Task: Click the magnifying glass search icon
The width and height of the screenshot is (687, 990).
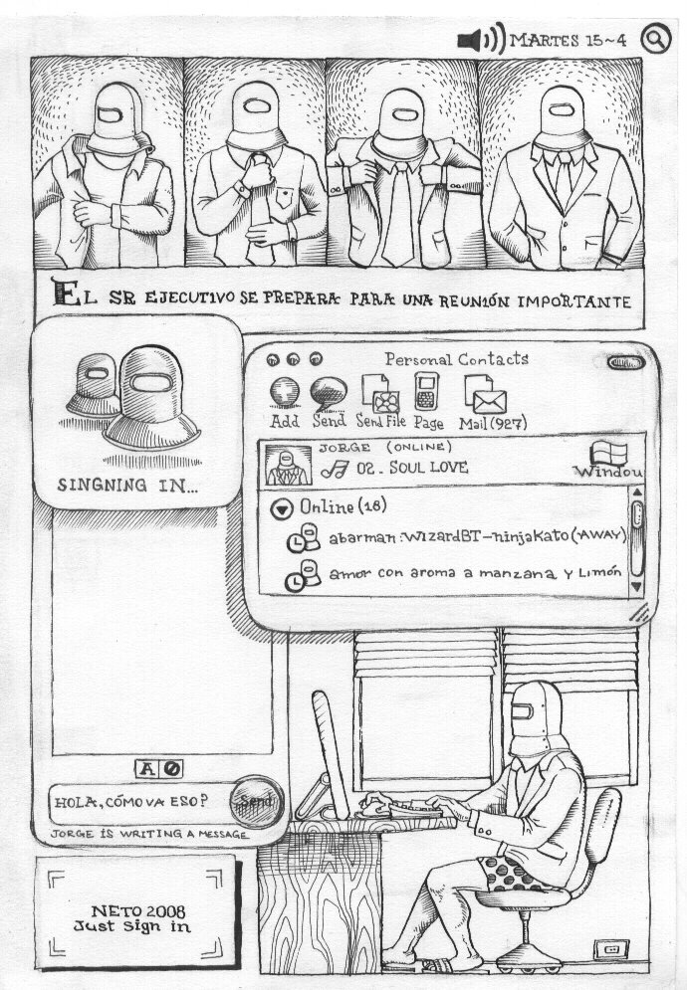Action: [655, 39]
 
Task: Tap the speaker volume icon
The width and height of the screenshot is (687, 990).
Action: [481, 39]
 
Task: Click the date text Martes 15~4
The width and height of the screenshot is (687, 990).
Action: [568, 41]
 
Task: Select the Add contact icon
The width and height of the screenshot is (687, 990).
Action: [285, 391]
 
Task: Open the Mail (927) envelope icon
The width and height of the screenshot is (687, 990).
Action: [486, 394]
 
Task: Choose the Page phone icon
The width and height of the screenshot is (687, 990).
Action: [426, 391]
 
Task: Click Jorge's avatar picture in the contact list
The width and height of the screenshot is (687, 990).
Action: [288, 466]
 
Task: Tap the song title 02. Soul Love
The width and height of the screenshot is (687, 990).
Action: [412, 468]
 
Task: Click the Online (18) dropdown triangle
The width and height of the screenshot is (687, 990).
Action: [281, 508]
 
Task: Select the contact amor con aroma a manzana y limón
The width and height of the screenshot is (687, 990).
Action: [475, 573]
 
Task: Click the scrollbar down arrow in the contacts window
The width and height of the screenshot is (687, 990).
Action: [636, 587]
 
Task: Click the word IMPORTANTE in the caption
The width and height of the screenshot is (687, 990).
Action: [574, 301]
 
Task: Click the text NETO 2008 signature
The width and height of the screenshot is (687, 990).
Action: [138, 911]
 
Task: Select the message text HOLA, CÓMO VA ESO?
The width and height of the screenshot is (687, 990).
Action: [130, 802]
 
